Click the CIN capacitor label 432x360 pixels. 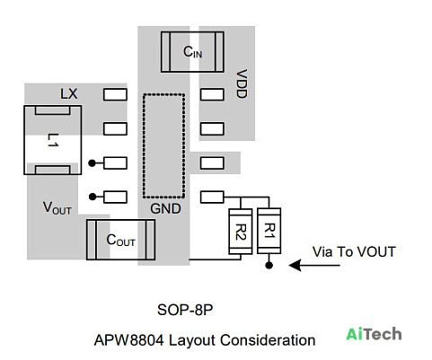192,52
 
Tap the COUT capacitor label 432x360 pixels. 120,240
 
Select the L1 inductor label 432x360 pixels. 53,140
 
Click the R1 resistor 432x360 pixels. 269,231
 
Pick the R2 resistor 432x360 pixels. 241,232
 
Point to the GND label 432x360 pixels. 165,209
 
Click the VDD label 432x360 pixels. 242,83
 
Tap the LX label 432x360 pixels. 69,94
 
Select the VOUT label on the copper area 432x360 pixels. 57,207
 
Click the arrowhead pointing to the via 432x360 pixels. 295,265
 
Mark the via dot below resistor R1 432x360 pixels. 269,265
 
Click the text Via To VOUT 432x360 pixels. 354,252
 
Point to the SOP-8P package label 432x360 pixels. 185,310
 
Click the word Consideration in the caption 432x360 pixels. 268,340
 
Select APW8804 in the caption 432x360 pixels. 129,340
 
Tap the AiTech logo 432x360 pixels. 374,334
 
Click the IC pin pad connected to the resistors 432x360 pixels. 212,197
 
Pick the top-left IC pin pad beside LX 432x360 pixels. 115,94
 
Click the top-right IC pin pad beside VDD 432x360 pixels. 212,94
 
